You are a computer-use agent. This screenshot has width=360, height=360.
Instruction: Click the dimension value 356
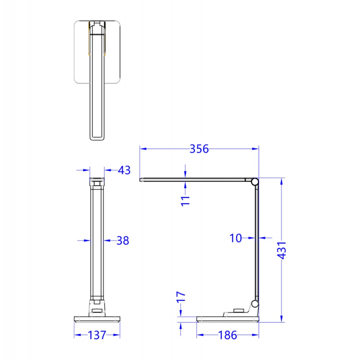[199, 149]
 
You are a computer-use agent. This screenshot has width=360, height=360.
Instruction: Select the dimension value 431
[282, 250]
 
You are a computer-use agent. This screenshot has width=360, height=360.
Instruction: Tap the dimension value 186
[228, 335]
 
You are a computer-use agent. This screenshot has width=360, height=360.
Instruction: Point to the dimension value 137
[97, 335]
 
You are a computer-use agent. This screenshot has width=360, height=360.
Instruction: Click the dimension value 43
[124, 170]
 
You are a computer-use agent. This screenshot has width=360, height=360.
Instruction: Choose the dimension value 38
[122, 240]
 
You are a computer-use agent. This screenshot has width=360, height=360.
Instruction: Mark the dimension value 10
[236, 238]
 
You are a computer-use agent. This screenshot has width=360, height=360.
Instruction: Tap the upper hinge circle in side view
[255, 182]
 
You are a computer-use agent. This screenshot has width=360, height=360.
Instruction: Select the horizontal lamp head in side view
[194, 179]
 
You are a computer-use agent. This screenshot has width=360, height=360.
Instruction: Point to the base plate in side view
[228, 319]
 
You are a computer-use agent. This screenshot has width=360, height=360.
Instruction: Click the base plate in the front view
[97, 319]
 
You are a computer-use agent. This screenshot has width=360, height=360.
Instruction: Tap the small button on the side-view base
[238, 311]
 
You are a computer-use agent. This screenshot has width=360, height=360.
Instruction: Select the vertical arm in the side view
[256, 241]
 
